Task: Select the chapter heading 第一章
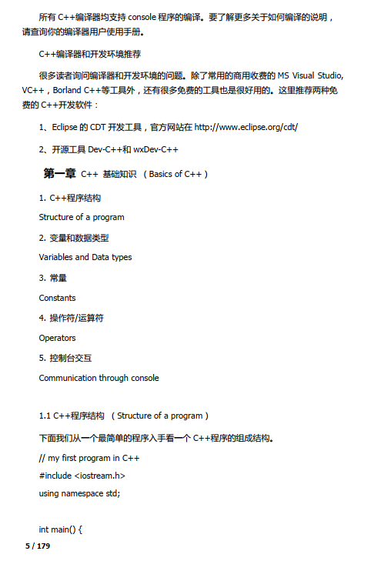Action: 59,174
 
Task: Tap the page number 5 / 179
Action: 38,546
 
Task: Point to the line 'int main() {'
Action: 61,529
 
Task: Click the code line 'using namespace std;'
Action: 79,493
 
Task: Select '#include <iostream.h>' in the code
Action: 82,476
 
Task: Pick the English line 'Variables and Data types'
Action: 85,257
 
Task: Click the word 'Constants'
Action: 58,297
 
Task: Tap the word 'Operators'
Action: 58,337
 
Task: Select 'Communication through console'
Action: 99,378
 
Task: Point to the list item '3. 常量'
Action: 53,278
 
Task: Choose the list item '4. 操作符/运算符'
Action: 72,318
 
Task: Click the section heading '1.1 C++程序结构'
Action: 72,416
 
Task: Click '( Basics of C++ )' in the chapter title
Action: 175,175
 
